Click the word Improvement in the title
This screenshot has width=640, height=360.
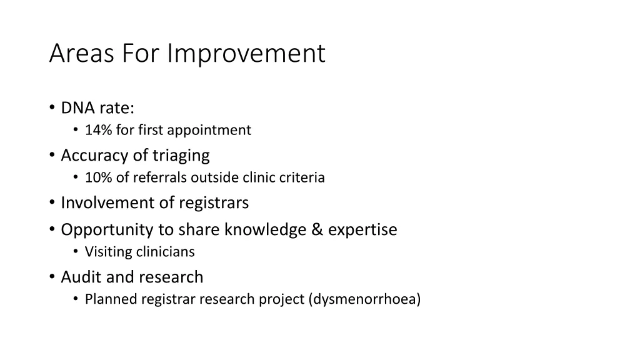[247, 54]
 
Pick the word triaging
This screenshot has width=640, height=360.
[181, 156]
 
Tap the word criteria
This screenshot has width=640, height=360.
[302, 178]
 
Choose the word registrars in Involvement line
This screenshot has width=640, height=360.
[214, 203]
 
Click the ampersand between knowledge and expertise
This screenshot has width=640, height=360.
[317, 230]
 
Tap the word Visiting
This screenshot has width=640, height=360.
[109, 252]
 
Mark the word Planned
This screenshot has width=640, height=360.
[111, 300]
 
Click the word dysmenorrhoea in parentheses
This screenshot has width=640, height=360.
[364, 300]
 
